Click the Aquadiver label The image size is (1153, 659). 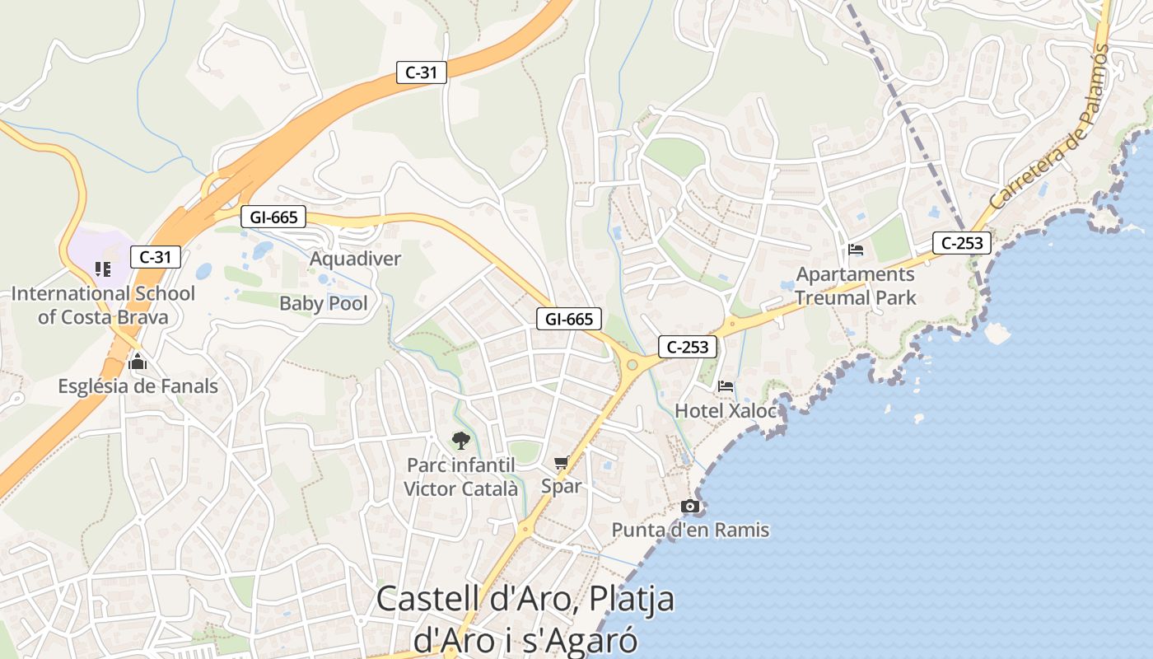(355, 259)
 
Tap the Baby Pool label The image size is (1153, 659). (324, 303)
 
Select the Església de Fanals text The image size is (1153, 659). (138, 386)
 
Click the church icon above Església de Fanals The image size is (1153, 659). (138, 362)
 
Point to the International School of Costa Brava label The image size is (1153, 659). (103, 305)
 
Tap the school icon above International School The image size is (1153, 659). (103, 269)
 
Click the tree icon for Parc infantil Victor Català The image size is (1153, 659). (461, 441)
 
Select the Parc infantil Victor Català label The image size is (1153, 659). (461, 477)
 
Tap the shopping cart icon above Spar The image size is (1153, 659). (562, 463)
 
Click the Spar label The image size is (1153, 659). (561, 486)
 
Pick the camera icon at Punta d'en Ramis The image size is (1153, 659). (690, 506)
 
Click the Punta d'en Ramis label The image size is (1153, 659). (690, 530)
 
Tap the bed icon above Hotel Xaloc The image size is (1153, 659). (726, 386)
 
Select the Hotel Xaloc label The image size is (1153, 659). (726, 410)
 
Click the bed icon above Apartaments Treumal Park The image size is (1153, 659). (856, 250)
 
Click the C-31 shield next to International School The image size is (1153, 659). (155, 257)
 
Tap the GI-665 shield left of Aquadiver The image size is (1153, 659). (273, 217)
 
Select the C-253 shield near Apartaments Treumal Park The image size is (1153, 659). (962, 243)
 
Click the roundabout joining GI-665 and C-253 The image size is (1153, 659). (633, 364)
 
